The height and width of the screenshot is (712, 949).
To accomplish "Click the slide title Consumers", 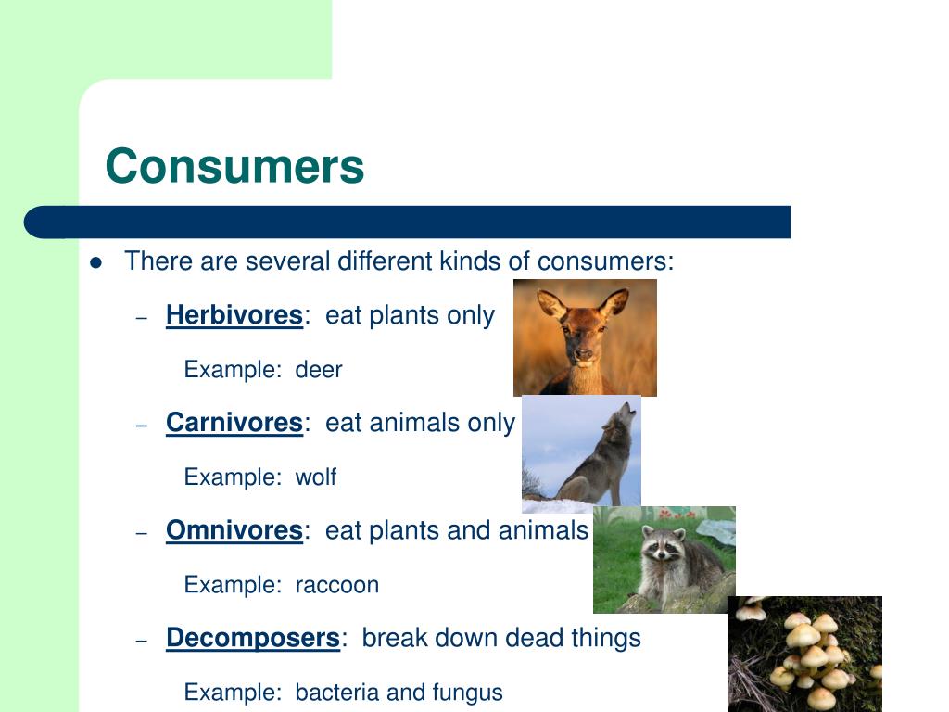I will pos(234,167).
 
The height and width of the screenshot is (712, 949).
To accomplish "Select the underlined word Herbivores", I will pos(234,315).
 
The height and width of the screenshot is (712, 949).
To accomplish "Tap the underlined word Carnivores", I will pos(234,423).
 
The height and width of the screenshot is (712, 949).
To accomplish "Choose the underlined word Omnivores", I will pos(234,530).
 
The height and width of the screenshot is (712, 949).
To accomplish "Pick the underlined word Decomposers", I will pos(252,638).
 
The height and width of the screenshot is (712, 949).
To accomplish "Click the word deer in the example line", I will pos(319,370).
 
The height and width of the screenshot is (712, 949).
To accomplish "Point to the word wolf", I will pos(315,477).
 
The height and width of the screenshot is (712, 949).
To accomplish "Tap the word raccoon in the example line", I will pos(336,585).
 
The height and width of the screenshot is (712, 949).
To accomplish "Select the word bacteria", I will pos(335,693).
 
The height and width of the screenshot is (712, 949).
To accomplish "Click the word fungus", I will pos(467,693).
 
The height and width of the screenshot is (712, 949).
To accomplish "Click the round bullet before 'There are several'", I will pos(95,262).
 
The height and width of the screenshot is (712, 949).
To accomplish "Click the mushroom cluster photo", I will pos(804,654).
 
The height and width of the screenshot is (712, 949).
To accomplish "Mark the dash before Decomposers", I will pos(142,640).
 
